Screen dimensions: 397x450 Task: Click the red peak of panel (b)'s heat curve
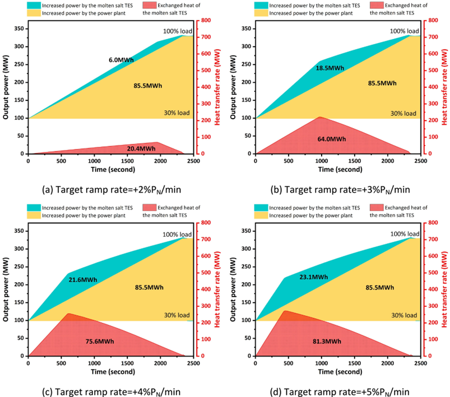pos(319,117)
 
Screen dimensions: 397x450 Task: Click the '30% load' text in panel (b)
pos(403,113)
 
